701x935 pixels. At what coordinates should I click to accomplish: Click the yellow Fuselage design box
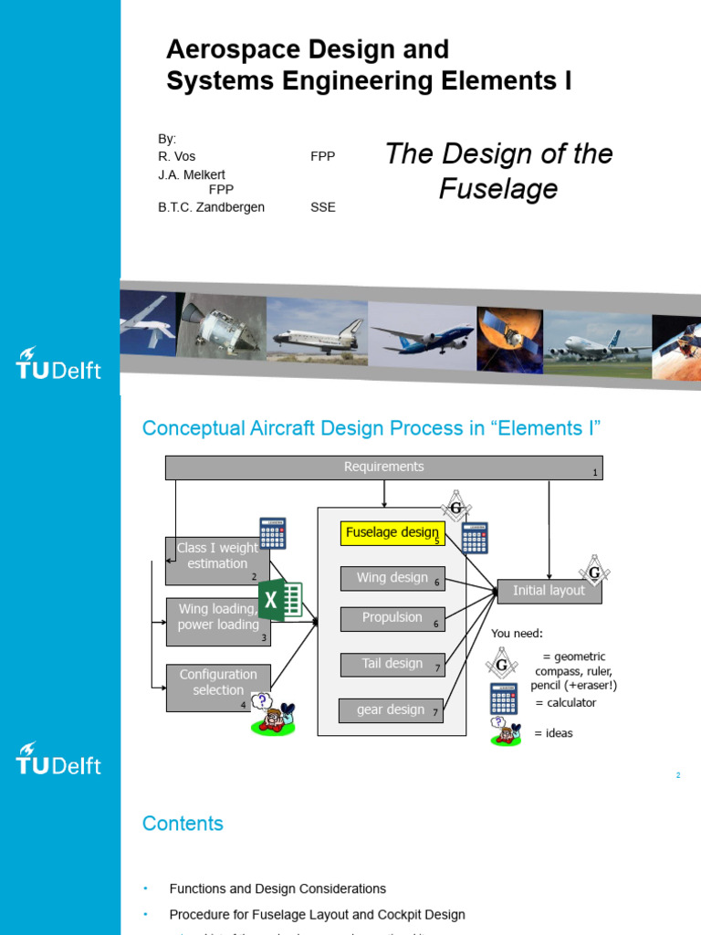(392, 533)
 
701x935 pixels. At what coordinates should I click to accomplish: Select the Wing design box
(392, 579)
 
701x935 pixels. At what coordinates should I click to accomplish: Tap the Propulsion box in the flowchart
(392, 619)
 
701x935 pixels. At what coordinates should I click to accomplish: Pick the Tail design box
(392, 665)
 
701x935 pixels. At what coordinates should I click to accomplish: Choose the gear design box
(391, 710)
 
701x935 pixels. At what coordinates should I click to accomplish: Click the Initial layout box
(549, 591)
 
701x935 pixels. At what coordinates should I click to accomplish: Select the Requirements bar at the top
(383, 467)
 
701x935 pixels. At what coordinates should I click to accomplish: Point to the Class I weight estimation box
(217, 560)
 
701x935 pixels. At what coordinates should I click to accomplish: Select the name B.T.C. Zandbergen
(211, 207)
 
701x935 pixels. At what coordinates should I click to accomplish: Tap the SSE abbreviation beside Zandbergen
(322, 207)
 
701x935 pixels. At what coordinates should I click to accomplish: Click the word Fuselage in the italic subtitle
(497, 189)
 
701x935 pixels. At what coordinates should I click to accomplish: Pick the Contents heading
(183, 824)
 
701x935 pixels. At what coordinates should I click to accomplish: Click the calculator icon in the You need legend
(504, 699)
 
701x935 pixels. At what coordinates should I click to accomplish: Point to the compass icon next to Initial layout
(594, 571)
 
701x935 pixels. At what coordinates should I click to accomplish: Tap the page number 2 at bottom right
(678, 775)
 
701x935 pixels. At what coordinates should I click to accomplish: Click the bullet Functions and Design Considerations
(277, 888)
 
